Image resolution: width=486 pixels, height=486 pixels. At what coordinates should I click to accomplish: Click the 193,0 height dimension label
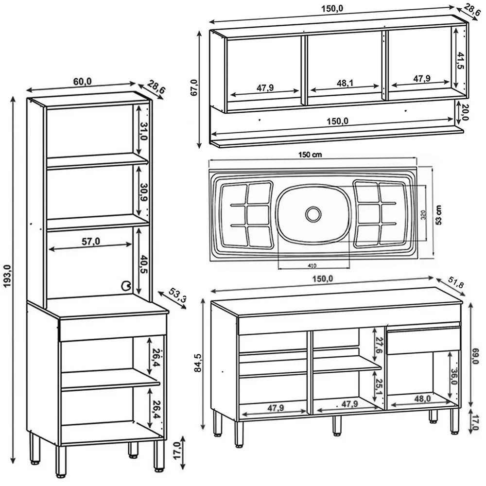7,282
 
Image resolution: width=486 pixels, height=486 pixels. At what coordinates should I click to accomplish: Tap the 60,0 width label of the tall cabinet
83,82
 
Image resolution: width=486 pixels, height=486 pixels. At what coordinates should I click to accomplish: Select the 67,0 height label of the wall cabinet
194,88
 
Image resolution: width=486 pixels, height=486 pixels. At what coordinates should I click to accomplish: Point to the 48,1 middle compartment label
345,83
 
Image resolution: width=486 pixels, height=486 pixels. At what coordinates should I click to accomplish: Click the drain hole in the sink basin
313,213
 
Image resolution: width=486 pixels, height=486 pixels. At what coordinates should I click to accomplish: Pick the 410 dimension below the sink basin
313,265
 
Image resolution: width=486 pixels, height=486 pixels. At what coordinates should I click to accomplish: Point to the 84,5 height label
198,363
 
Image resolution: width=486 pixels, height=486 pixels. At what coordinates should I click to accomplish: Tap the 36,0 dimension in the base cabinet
454,376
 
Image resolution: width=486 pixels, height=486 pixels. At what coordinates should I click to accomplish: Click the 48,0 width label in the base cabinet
422,398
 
